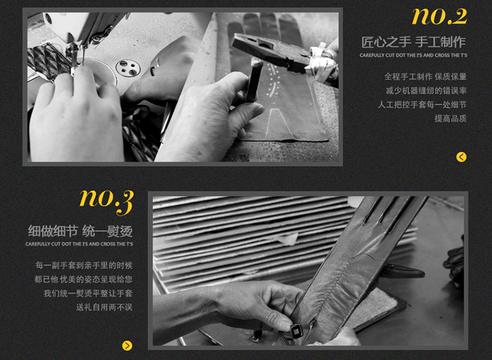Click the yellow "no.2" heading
pyautogui.click(x=440, y=16)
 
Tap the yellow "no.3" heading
pyautogui.click(x=107, y=201)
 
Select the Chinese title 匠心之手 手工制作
pyautogui.click(x=413, y=42)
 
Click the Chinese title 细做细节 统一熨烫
pyautogui.click(x=80, y=231)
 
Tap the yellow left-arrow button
pyautogui.click(x=461, y=157)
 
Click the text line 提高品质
pyautogui.click(x=450, y=119)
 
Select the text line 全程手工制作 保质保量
pyautogui.click(x=426, y=77)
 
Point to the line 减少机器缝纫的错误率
pyautogui.click(x=426, y=90)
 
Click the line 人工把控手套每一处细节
pyautogui.click(x=422, y=104)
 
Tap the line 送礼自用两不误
pyautogui.click(x=104, y=307)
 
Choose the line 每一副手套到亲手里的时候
pyautogui.click(x=84, y=266)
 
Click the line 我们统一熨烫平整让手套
pyautogui.click(x=88, y=293)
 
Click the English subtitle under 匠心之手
pyautogui.click(x=413, y=55)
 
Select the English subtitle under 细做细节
pyautogui.click(x=79, y=244)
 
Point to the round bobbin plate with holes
pyautogui.click(x=128, y=67)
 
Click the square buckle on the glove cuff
pyautogui.click(x=297, y=330)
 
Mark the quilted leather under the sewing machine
pyautogui.click(x=47, y=62)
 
